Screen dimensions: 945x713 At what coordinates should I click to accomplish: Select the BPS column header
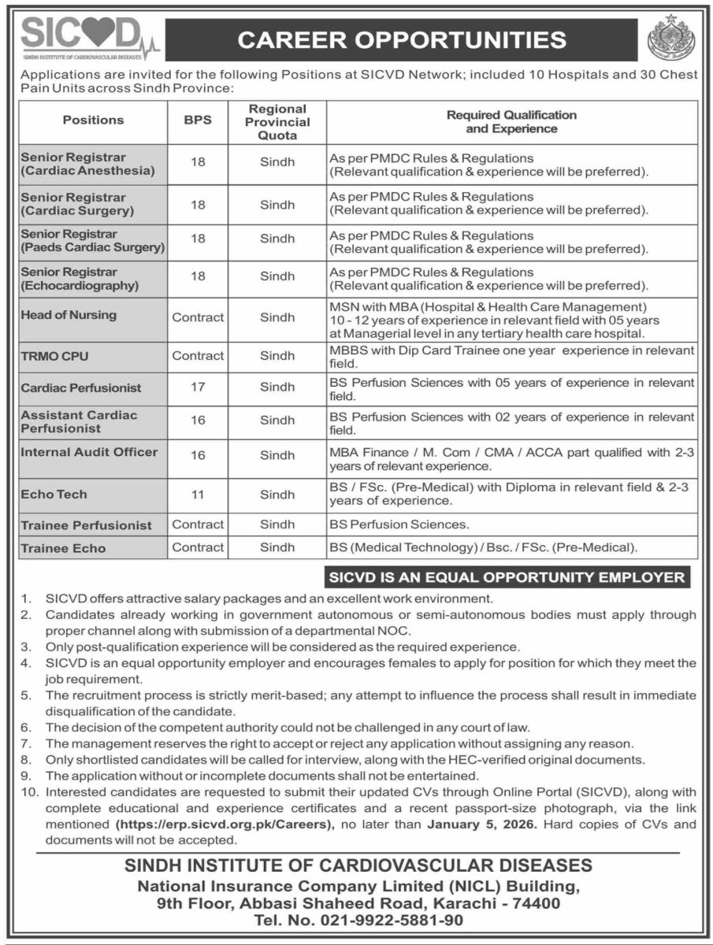(x=198, y=120)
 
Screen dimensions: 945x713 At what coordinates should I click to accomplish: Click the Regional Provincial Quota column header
(x=277, y=121)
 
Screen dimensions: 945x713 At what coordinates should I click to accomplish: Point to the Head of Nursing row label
(x=69, y=315)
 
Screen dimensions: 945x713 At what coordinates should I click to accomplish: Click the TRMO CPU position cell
(x=55, y=355)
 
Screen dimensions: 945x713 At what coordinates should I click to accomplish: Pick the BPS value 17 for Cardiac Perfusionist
(x=198, y=388)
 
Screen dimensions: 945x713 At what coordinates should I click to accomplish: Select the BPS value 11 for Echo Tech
(x=198, y=495)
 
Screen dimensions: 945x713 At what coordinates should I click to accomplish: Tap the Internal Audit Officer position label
(x=89, y=452)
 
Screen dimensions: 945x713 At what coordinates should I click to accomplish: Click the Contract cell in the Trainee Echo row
(x=198, y=547)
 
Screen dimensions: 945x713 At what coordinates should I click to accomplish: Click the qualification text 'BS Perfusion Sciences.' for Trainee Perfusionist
(x=399, y=524)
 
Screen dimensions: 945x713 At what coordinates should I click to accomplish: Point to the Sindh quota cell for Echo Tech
(x=277, y=495)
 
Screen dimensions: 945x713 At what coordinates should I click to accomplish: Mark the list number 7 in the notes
(x=25, y=743)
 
